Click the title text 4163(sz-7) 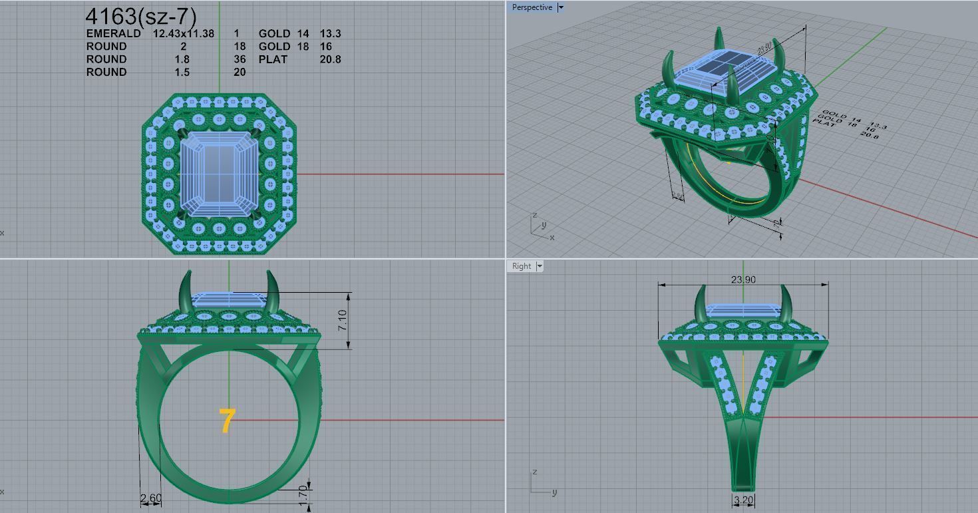[x=140, y=17]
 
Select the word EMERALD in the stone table [x=113, y=33]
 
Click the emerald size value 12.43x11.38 [x=184, y=33]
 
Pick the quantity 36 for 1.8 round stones [x=240, y=59]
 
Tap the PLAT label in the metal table [x=273, y=59]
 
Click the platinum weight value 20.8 [x=330, y=59]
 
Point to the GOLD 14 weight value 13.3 [x=330, y=33]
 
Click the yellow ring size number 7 [x=227, y=421]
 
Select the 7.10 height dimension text [x=342, y=321]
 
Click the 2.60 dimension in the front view [x=150, y=498]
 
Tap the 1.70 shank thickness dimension [x=303, y=496]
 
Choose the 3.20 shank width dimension [x=743, y=500]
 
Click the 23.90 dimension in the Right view [x=743, y=279]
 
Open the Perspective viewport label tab [x=532, y=7]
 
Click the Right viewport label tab [x=521, y=266]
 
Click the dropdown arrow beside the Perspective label [x=561, y=7]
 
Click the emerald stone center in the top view [x=219, y=173]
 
